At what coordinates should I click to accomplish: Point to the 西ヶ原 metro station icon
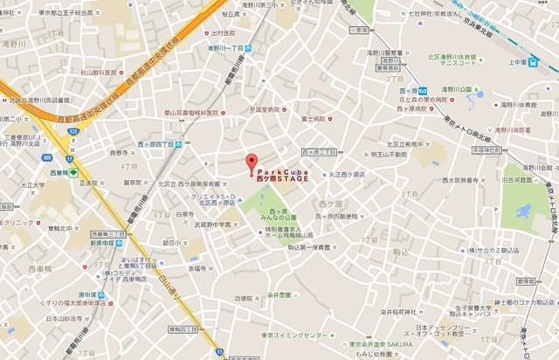point(422,90)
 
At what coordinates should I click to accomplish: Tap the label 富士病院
point(312,118)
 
